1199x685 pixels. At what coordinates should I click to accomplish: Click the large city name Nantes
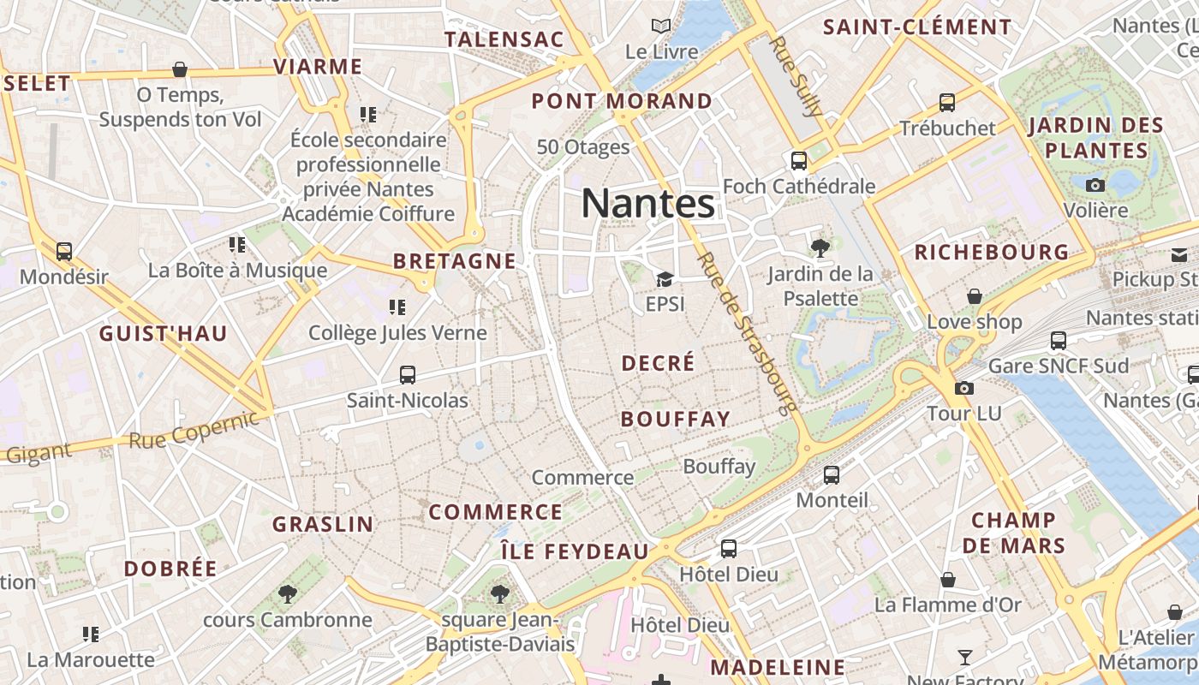tap(647, 204)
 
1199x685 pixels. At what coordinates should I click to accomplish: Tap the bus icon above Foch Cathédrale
tap(798, 160)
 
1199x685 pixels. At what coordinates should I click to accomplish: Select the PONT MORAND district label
tap(622, 101)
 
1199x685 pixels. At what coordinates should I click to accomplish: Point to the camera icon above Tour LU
tap(963, 388)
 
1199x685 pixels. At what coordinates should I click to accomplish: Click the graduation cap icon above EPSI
tap(665, 279)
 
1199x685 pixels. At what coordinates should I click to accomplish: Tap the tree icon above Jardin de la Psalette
tap(820, 248)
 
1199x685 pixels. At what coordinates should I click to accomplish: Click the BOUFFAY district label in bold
tap(676, 419)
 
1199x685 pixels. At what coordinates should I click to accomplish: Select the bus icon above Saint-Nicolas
tap(408, 374)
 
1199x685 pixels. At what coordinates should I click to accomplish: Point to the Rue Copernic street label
tap(194, 430)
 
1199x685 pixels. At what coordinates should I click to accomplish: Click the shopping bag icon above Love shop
tap(975, 296)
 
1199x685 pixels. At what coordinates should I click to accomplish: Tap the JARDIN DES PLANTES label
tap(1095, 138)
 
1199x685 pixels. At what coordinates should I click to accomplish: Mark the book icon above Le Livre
tap(660, 27)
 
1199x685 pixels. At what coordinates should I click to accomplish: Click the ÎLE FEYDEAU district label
tap(575, 551)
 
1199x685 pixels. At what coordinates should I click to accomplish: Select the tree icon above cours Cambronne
tap(287, 593)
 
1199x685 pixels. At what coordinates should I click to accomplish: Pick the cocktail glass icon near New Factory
tap(965, 658)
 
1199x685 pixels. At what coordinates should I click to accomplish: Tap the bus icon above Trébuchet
tap(947, 102)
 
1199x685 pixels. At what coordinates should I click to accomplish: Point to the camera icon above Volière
tap(1095, 185)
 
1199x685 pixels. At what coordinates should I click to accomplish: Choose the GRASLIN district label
tap(323, 524)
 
